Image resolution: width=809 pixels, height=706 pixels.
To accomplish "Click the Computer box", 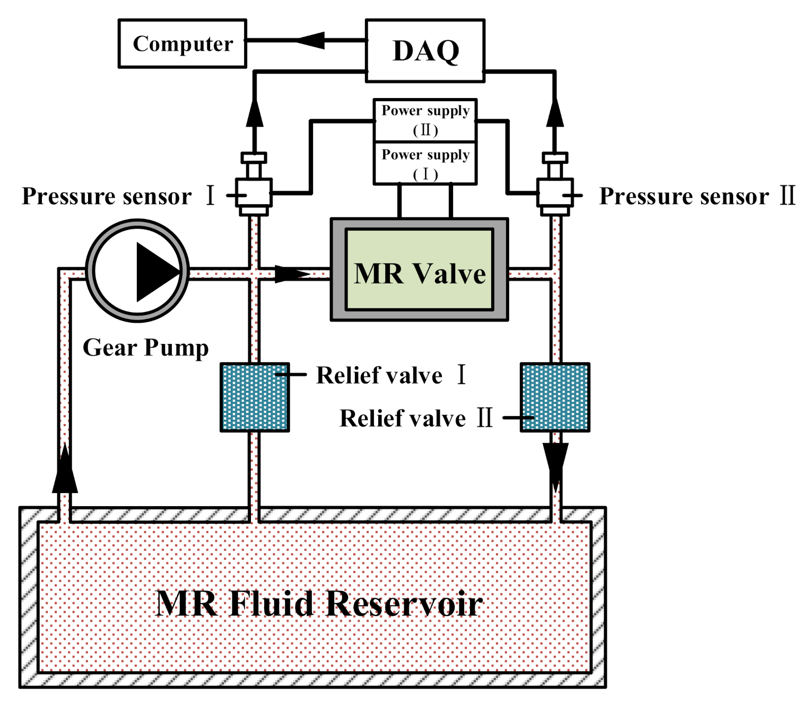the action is tap(182, 43).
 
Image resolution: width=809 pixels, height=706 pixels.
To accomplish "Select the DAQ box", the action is tap(425, 50).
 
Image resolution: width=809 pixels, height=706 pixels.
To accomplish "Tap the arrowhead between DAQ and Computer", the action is tap(310, 40).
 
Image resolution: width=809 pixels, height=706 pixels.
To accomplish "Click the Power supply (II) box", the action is tap(425, 120).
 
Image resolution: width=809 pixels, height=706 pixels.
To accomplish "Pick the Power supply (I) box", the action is tap(425, 163).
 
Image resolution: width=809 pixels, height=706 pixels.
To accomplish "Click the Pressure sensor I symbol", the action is tap(254, 184).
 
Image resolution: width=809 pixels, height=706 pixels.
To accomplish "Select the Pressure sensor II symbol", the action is tap(555, 184).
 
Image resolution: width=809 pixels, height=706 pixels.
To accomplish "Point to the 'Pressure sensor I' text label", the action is tap(118, 196).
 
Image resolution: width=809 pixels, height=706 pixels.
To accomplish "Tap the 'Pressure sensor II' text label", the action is tap(697, 196).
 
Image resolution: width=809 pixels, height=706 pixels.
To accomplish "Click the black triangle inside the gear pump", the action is tap(158, 272).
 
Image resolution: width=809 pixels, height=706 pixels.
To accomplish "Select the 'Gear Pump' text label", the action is tap(145, 348).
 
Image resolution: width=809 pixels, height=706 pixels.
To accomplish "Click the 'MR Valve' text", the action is tap(420, 273).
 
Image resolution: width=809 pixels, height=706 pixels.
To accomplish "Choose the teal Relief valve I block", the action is tap(255, 398).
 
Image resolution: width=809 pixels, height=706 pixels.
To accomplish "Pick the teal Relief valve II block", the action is tap(555, 398).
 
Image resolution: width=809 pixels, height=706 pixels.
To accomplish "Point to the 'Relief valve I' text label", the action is tap(391, 375).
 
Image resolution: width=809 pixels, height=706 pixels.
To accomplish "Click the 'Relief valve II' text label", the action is tap(416, 418).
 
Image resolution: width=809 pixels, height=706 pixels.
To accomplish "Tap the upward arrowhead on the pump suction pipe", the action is tap(65, 468).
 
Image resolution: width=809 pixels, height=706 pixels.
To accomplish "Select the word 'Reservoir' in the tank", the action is tap(404, 603).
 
